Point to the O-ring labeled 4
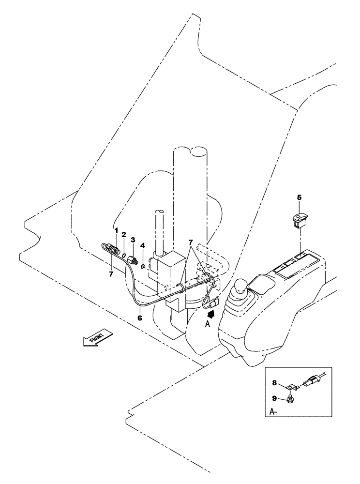coord(143,266)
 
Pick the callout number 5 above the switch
coord(299,197)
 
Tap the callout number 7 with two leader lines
coord(191,241)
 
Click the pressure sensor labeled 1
coord(112,249)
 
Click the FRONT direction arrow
coord(97,337)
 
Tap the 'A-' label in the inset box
coord(273,412)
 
